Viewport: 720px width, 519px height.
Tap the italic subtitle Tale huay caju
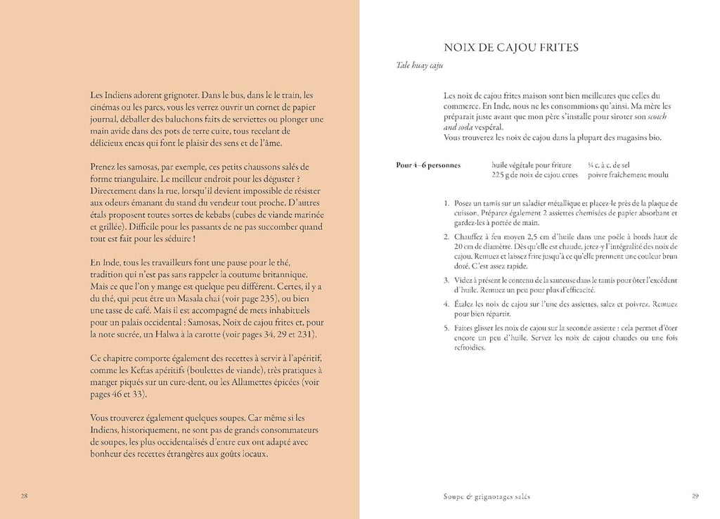click(420, 66)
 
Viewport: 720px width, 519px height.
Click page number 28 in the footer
click(24, 496)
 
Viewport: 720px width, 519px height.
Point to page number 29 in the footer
click(695, 496)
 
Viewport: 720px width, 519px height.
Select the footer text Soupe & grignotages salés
click(482, 496)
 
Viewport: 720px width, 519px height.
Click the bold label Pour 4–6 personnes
click(427, 165)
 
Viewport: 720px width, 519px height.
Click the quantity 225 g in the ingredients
click(502, 175)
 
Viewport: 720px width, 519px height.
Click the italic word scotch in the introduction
click(657, 115)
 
